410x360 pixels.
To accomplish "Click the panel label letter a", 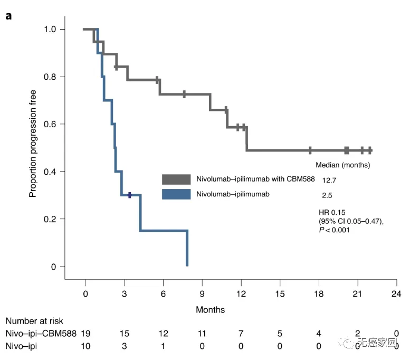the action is click(8, 16).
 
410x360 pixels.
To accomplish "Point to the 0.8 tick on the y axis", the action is click(62, 77).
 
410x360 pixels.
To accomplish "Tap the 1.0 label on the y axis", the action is click(50, 29).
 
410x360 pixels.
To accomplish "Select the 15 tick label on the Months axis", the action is click(280, 294).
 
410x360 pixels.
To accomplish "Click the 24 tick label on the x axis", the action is click(396, 294).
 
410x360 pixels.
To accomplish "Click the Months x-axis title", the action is click(210, 310).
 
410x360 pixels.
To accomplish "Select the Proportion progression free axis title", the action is click(33, 144).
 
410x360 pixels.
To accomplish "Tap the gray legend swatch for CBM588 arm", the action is click(176, 179).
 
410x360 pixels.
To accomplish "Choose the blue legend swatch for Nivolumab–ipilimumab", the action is click(176, 194).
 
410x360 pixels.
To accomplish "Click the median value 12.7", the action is click(329, 180).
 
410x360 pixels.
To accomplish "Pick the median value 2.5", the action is click(327, 195).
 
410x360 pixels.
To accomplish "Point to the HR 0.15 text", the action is click(332, 212).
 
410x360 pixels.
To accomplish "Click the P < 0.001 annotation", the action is click(334, 230).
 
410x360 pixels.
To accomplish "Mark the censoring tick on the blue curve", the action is click(129, 195).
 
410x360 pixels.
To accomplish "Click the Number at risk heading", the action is click(34, 321).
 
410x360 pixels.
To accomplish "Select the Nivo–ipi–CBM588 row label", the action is click(41, 334).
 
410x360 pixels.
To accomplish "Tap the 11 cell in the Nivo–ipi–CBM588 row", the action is click(202, 334).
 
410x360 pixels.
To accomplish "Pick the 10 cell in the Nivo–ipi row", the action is click(85, 346).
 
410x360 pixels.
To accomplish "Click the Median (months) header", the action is click(343, 165).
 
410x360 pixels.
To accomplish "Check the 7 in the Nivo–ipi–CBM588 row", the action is click(241, 334).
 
